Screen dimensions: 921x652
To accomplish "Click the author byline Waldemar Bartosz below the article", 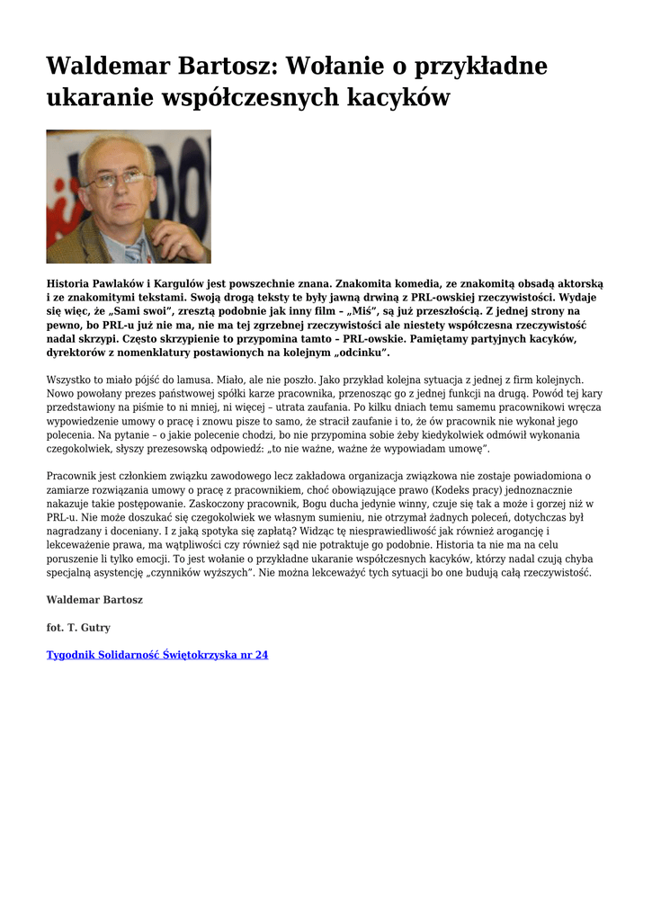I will pos(94,600).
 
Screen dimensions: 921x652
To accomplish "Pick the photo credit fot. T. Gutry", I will pos(78,628).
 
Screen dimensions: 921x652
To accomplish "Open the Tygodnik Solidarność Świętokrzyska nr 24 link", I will pos(157,655).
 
